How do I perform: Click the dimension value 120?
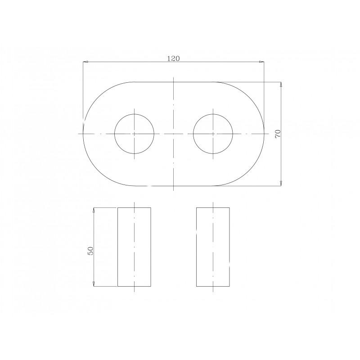point(173,58)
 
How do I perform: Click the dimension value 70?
point(278,134)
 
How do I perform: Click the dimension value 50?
point(90,251)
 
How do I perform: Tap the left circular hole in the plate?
point(114,134)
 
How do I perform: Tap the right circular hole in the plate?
point(193,134)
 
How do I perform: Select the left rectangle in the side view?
point(117,247)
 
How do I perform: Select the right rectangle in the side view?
point(196,247)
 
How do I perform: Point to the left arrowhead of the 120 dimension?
point(85,62)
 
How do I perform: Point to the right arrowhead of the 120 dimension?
point(261,62)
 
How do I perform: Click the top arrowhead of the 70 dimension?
point(281,85)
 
